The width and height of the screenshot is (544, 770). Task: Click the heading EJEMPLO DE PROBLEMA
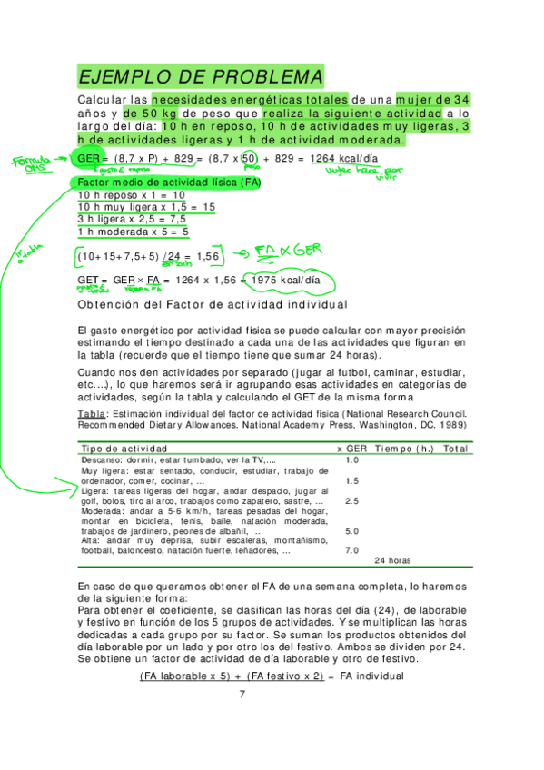(x=200, y=75)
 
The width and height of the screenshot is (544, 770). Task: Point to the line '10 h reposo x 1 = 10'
(x=132, y=195)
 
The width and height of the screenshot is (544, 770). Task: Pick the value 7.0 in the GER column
(x=352, y=550)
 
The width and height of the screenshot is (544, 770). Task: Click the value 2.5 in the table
(x=352, y=501)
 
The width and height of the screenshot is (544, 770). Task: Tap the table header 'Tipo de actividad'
(x=124, y=449)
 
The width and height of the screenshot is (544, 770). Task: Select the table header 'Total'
(x=455, y=449)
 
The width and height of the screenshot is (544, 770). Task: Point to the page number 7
(x=242, y=695)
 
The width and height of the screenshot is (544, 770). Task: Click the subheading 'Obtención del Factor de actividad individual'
(x=213, y=305)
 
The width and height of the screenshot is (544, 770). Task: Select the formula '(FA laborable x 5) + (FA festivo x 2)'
(x=231, y=676)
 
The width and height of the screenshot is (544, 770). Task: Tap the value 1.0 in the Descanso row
(x=352, y=460)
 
